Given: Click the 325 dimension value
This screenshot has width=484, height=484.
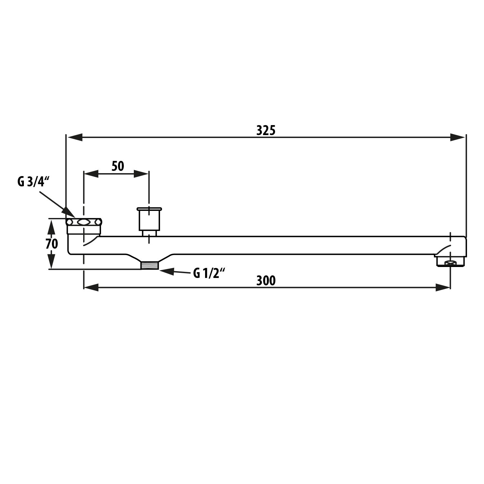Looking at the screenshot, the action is [x=266, y=131].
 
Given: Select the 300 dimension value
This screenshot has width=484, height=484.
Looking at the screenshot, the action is [x=266, y=281].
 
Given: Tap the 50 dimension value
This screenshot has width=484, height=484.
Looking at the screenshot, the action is [x=118, y=166].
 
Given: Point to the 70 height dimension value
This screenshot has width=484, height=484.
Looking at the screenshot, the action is [x=52, y=244].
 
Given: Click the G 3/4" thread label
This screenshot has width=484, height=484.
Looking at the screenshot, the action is [x=33, y=182].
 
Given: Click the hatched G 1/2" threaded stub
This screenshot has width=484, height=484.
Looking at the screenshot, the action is [x=150, y=265].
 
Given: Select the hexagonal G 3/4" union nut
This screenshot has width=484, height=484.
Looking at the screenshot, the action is [x=84, y=222].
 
